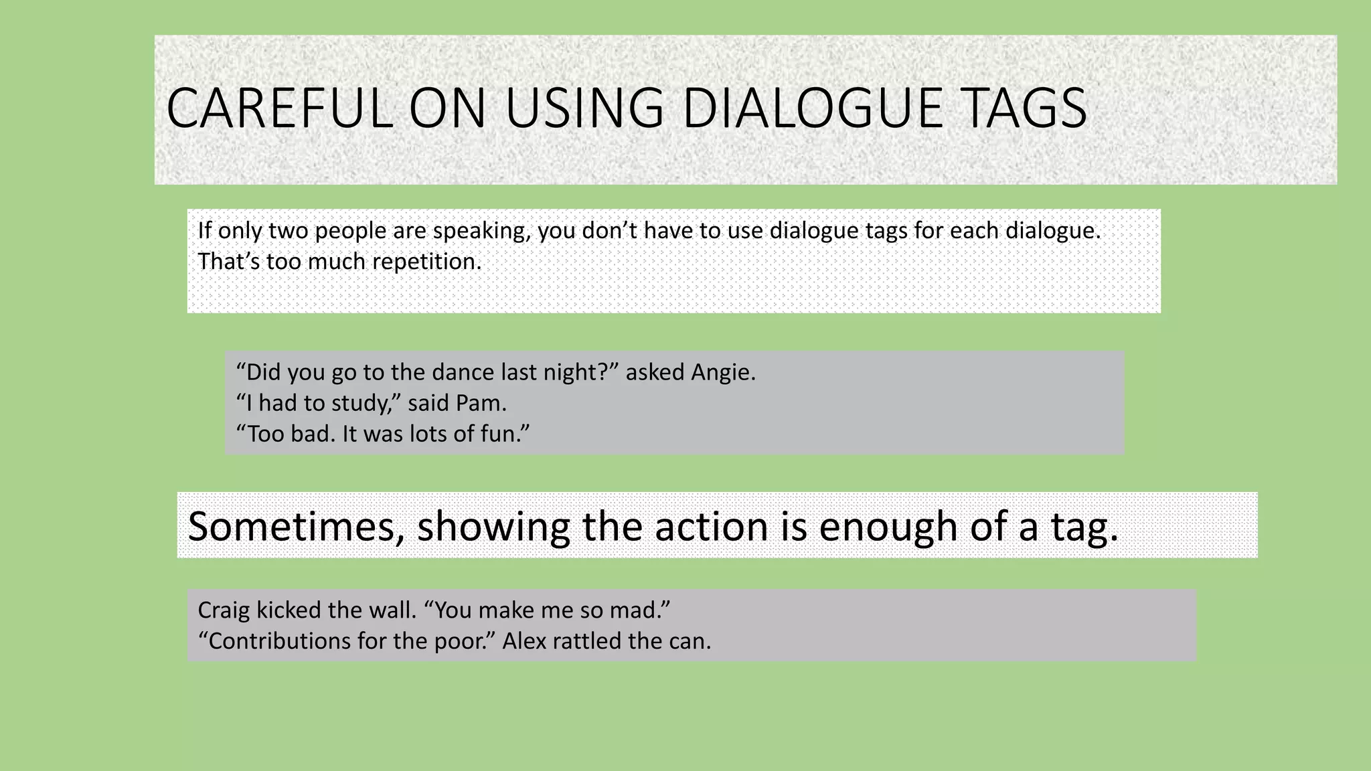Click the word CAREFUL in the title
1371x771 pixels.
pyautogui.click(x=279, y=108)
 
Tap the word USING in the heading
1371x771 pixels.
pyautogui.click(x=584, y=108)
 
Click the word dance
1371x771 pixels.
pyautogui.click(x=465, y=372)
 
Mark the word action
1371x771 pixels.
pyautogui.click(x=711, y=526)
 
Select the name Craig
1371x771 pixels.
pyautogui.click(x=224, y=610)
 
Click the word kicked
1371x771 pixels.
pyautogui.click(x=289, y=610)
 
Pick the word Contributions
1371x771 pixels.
pyautogui.click(x=278, y=641)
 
